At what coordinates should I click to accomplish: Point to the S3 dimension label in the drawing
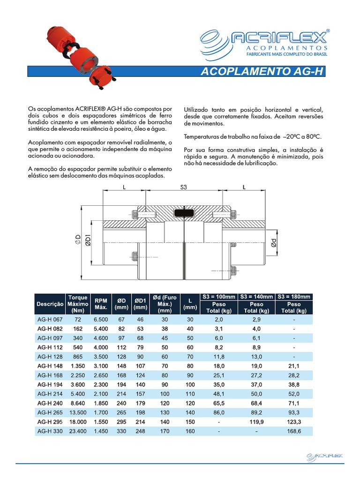pos(183,187)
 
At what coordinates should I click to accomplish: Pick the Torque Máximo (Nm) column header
pos(78,304)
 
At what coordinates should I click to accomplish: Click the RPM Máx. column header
pos(101,304)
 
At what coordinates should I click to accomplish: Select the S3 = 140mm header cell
pos(256,297)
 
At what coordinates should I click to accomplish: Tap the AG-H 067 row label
pos(49,319)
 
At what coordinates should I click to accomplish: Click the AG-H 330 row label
pos(49,431)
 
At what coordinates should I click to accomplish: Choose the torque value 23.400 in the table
pos(78,431)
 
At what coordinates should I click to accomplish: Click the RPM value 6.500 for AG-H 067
pos(101,319)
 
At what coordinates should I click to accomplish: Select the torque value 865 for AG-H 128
pos(78,356)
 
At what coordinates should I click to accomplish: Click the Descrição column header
pos(50,304)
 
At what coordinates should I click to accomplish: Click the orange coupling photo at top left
pos(74,55)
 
